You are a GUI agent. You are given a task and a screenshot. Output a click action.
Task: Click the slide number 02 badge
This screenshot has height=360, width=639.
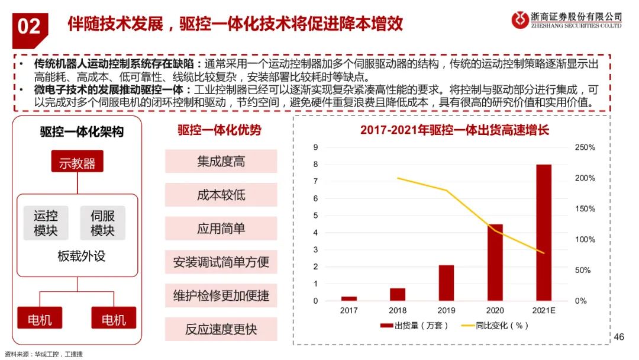(29, 25)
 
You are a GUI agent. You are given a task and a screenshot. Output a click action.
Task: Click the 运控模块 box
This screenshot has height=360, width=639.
(46, 223)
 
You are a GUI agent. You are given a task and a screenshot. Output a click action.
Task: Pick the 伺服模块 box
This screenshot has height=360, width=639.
(102, 223)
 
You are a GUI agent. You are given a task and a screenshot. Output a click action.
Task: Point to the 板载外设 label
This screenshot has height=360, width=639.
(78, 256)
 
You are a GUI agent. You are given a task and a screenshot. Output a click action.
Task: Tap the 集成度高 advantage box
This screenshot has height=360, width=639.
(221, 161)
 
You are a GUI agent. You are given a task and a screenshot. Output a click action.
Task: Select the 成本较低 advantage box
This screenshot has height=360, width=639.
(221, 195)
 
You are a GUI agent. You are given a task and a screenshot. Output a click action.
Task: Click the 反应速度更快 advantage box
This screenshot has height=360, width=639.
(221, 329)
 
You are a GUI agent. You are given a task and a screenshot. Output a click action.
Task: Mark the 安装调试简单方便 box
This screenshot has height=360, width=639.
(221, 262)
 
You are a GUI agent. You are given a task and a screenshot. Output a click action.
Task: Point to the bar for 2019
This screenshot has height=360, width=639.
(446, 283)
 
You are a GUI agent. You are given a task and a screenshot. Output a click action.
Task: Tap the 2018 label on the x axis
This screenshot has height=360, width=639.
(398, 310)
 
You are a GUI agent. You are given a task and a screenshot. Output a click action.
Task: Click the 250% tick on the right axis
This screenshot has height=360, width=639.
(585, 147)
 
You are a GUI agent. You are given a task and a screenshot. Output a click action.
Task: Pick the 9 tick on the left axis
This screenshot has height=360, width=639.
(315, 147)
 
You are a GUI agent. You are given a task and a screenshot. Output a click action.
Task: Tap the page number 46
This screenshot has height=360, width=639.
(619, 337)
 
